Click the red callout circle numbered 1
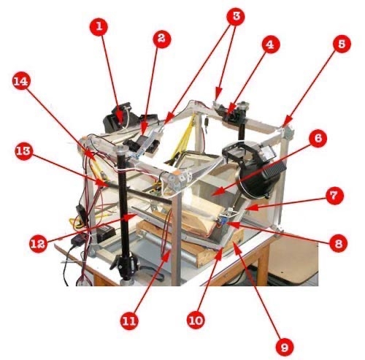click(99, 26)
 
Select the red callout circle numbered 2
click(162, 39)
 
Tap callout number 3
click(236, 16)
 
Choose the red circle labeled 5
click(342, 44)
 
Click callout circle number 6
click(318, 139)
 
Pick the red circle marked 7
click(335, 195)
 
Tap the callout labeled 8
click(339, 243)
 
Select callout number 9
click(285, 347)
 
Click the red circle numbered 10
click(196, 321)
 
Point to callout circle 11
click(129, 321)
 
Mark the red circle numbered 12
click(39, 243)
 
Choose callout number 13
click(24, 151)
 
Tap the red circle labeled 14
click(21, 81)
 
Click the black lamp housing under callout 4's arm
click(253, 168)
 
